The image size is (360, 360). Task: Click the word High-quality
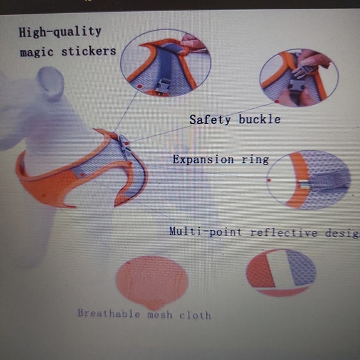click(60, 31)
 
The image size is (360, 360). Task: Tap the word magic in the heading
click(37, 52)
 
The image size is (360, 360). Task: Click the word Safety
click(210, 119)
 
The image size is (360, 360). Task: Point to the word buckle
click(259, 119)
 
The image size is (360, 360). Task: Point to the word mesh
click(160, 314)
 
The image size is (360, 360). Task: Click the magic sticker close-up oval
click(165, 63)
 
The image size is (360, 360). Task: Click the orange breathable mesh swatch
click(152, 282)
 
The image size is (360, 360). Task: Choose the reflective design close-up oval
click(280, 272)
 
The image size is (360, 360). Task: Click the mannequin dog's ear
click(53, 81)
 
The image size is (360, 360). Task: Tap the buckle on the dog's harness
click(123, 145)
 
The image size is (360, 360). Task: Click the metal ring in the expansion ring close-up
click(302, 183)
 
